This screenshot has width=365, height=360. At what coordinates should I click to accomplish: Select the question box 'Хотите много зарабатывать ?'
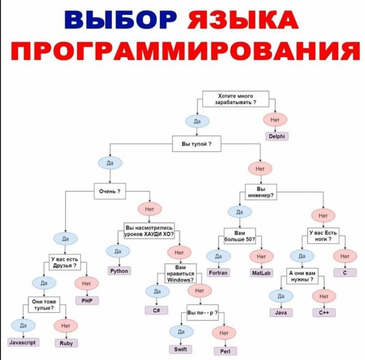pos(235,99)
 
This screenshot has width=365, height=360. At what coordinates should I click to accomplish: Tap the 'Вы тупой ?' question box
pos(197,143)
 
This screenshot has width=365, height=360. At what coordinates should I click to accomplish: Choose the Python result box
pos(119,271)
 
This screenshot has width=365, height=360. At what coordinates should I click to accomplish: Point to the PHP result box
pos(87,301)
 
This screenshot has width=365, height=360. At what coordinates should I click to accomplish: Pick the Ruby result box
pos(66,343)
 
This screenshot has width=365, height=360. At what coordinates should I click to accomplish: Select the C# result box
pos(156,310)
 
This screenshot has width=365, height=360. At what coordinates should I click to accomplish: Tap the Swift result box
pos(181,349)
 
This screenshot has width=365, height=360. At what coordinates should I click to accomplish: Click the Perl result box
pos(225,351)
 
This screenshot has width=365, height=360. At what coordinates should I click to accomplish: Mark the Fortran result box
pos(217,272)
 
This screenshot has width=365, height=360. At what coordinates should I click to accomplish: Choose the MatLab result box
pos(261,272)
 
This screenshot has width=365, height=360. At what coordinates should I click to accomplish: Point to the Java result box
pos(281,313)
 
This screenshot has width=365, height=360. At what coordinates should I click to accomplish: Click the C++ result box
pos(324,313)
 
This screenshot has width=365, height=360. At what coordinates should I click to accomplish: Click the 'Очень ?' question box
pos(110,191)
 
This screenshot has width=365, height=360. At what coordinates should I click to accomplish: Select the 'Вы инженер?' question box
pos(261,191)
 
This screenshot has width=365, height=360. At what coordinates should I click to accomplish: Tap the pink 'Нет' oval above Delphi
pos(275,120)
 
